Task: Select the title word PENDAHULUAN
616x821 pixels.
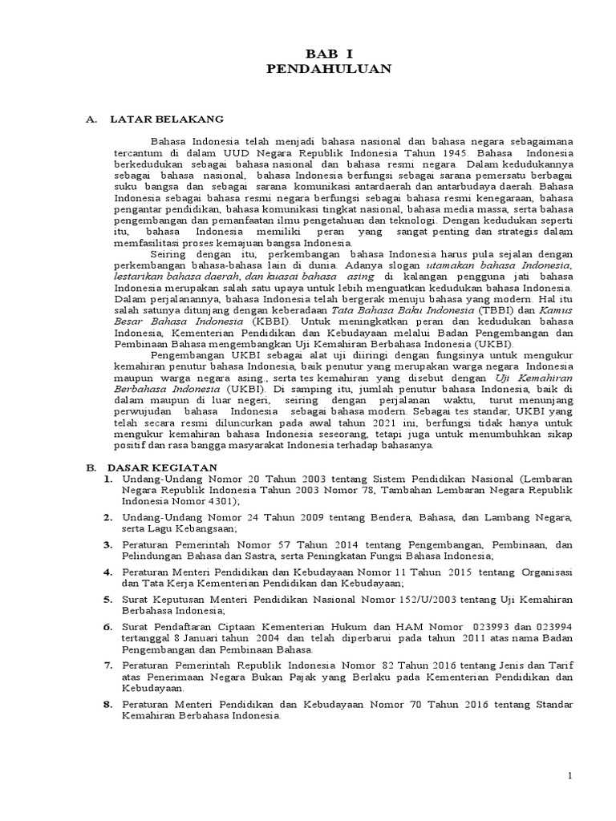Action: point(329,70)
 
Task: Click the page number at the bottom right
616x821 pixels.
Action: point(569,775)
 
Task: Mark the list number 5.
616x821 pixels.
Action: point(107,598)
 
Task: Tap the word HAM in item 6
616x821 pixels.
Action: point(382,626)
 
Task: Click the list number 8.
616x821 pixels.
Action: point(107,704)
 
